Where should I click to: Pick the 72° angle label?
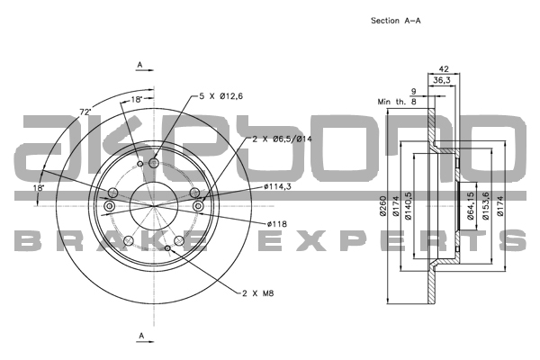pos(86,112)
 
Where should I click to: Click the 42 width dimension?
pos(443,67)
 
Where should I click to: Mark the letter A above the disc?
pos(139,64)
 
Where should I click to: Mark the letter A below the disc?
pos(139,336)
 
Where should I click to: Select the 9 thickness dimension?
pos(413,91)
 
